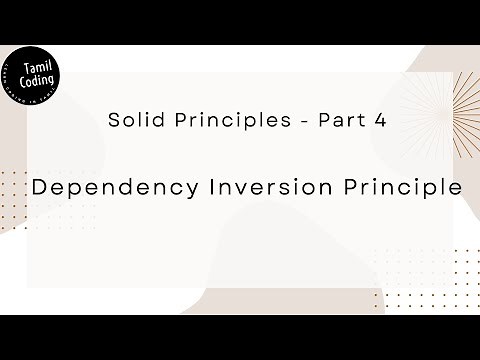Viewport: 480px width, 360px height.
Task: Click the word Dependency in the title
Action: click(106, 188)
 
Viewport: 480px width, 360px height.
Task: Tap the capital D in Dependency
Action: click(39, 187)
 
